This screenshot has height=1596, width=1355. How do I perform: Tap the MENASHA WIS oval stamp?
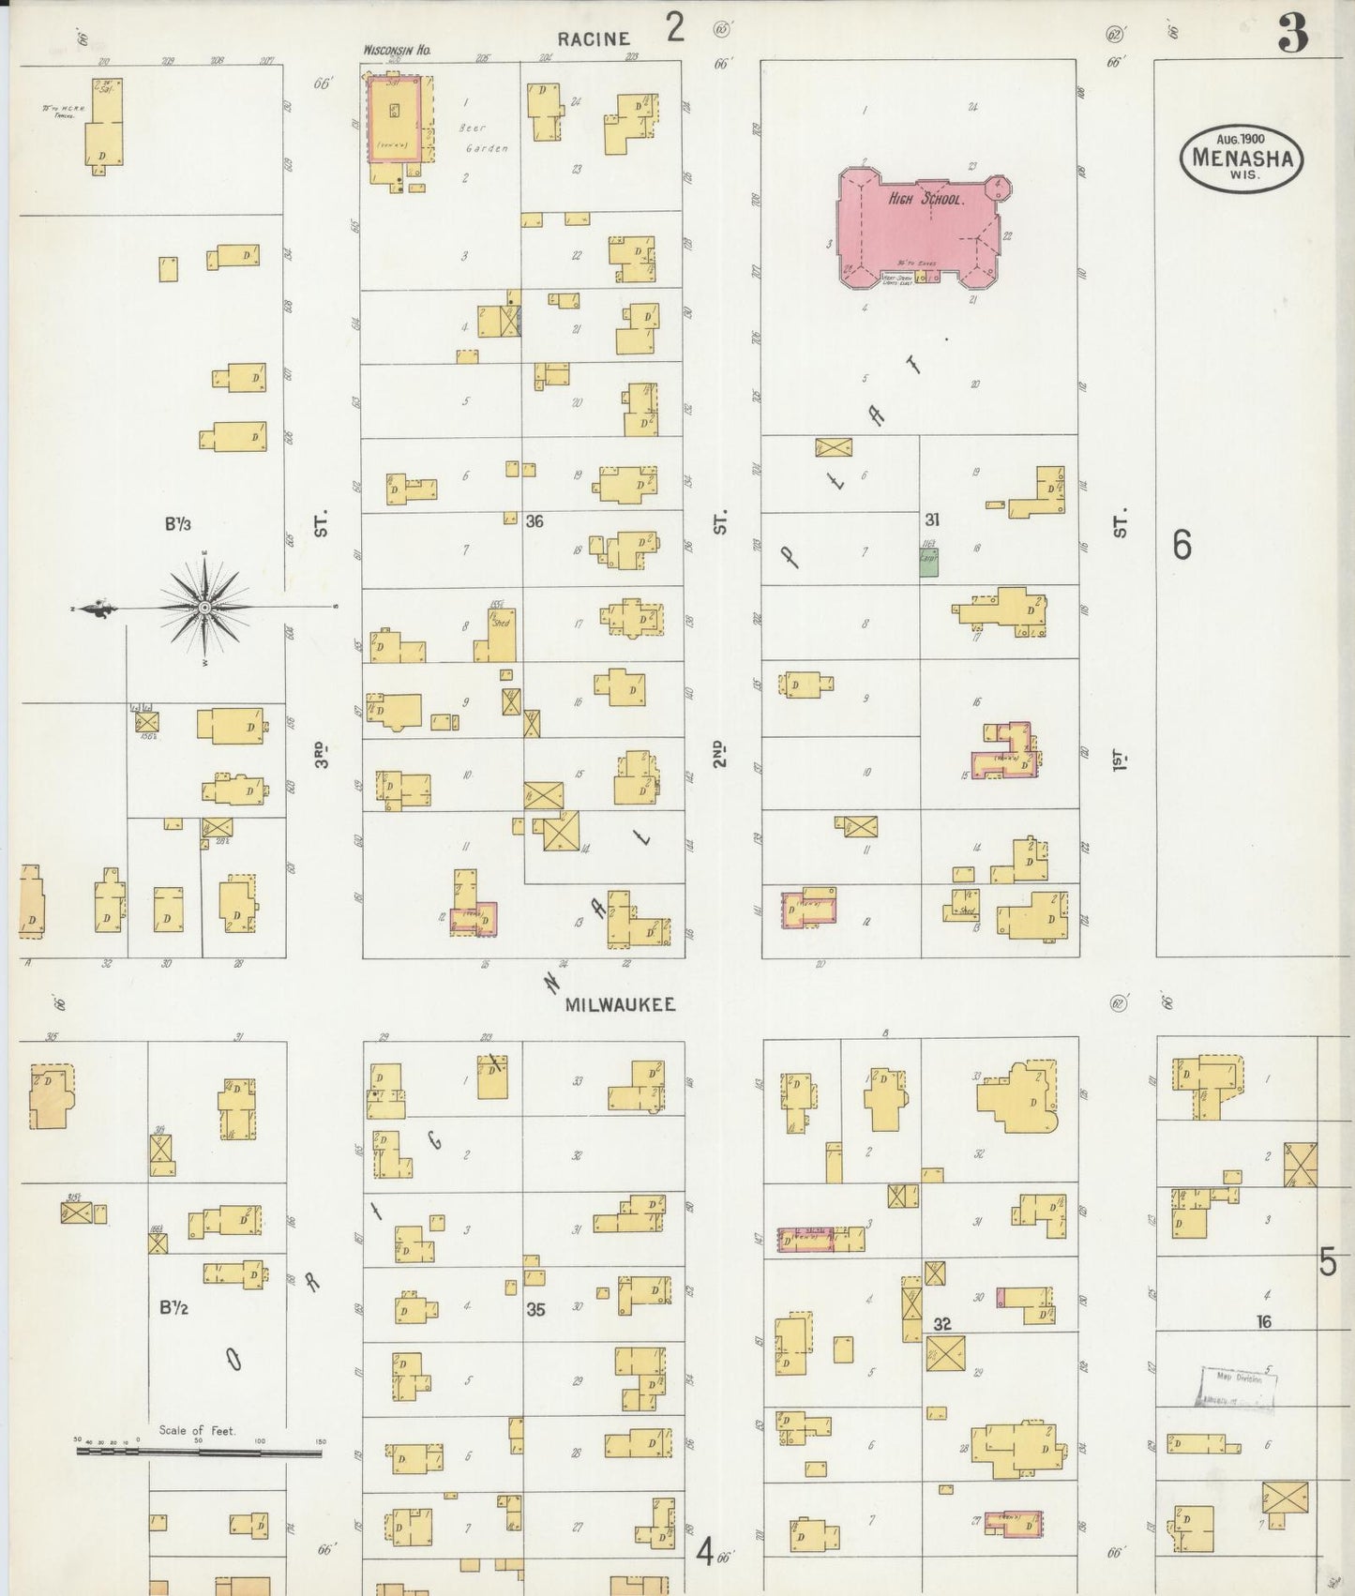[x=1242, y=158]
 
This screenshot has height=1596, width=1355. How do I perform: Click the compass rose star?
[x=204, y=609]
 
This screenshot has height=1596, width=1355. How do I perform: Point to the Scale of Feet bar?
[x=198, y=1453]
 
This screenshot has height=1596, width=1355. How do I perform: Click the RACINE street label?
[x=592, y=38]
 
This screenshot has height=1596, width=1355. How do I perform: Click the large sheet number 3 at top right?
[x=1291, y=36]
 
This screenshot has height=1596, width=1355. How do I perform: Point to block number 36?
[x=534, y=520]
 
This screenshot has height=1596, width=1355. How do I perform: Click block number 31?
[x=931, y=519]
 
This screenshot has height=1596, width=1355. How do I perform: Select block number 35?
[x=534, y=1309]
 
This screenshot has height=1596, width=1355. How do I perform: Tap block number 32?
[x=942, y=1323]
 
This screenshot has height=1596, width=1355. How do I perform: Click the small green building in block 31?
[x=928, y=563]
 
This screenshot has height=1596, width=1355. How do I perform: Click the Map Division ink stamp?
[x=1237, y=1387]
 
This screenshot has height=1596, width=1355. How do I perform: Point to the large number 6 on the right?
[x=1182, y=544]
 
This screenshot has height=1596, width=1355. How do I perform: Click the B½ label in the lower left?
[x=174, y=1307]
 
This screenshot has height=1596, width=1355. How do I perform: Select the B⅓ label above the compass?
[x=178, y=524]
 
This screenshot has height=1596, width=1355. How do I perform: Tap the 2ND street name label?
[x=719, y=752]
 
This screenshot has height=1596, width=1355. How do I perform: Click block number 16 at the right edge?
[x=1264, y=1321]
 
